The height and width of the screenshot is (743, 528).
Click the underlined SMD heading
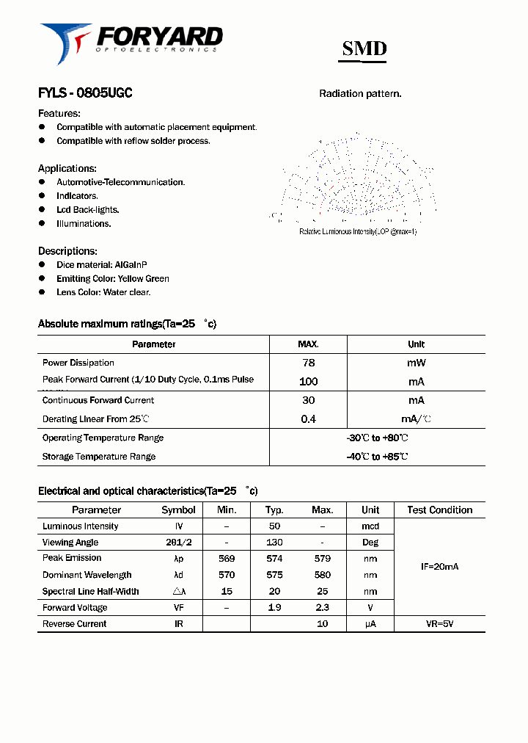(x=364, y=48)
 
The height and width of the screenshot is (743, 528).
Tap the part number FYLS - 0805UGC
(x=85, y=93)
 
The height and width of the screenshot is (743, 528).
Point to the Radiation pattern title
(x=360, y=94)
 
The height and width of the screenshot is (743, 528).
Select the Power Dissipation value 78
(x=309, y=363)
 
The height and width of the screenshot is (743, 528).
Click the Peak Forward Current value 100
(x=309, y=382)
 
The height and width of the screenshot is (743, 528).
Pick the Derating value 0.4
(x=309, y=419)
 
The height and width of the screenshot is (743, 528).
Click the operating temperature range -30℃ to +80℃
(x=377, y=438)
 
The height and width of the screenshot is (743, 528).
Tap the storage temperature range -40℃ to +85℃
(x=377, y=457)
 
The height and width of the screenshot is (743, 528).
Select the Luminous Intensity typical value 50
(x=275, y=526)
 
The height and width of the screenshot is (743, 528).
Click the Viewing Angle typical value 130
(x=275, y=543)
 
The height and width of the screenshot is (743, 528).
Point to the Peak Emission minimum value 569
(x=227, y=559)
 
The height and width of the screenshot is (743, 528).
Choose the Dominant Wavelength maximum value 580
(x=322, y=576)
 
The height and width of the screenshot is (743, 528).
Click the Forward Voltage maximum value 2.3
(x=322, y=608)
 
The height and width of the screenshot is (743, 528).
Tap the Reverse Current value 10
(x=322, y=624)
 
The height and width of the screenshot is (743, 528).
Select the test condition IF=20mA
(x=439, y=567)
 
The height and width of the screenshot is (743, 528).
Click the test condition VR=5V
(x=439, y=624)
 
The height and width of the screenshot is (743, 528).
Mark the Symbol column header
(x=178, y=510)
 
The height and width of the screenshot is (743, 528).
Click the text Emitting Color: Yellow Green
(x=113, y=279)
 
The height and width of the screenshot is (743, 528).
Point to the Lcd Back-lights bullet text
(x=88, y=210)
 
